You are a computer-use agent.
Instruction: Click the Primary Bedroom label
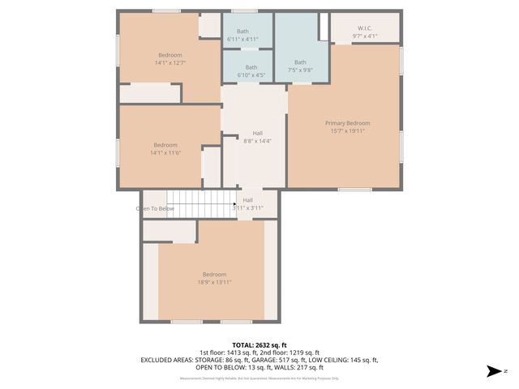tap(347, 122)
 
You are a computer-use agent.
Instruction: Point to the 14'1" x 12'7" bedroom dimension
tap(170, 62)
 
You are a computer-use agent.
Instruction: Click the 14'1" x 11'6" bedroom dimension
tap(165, 152)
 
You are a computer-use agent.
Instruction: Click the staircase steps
tap(198, 204)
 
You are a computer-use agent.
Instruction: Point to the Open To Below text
tap(154, 208)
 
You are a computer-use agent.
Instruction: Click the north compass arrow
tap(491, 371)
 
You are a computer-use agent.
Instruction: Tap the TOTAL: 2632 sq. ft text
tap(260, 344)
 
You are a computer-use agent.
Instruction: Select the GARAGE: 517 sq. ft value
tap(299, 359)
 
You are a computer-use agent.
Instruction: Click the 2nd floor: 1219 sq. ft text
tap(294, 352)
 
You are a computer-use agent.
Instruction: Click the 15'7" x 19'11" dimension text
tap(347, 130)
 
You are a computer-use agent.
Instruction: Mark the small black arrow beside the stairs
tap(234, 204)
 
